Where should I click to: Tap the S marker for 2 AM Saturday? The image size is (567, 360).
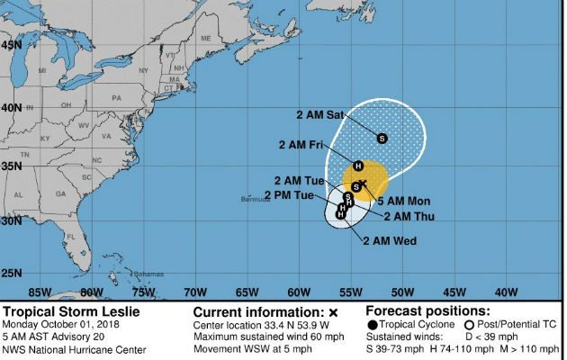click(x=382, y=138)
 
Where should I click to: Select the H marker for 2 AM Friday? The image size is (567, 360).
click(x=358, y=165)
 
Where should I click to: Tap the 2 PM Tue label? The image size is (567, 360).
click(x=289, y=195)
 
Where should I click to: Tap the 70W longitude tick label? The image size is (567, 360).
click(x=194, y=292)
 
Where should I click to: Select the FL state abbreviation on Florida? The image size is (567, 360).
click(x=95, y=237)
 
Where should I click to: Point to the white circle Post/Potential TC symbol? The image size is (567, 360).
click(x=468, y=324)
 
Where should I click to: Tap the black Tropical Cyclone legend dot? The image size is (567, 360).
click(x=373, y=324)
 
